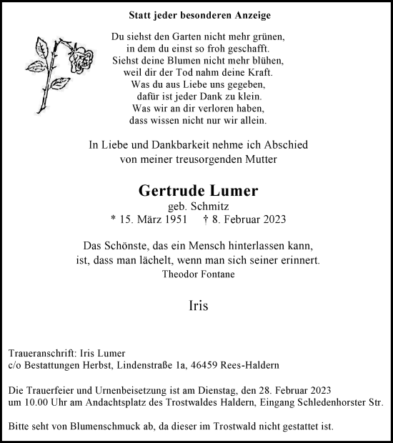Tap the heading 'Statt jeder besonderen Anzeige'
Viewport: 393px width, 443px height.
[x=190, y=14]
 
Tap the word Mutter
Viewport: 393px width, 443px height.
[x=264, y=159]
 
